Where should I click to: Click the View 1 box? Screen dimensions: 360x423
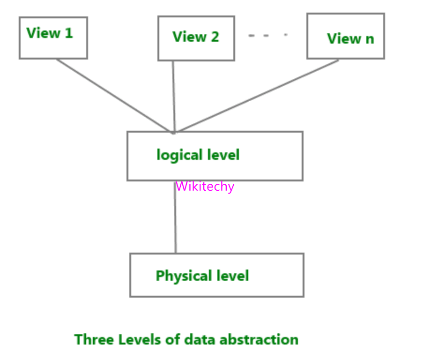(x=53, y=38)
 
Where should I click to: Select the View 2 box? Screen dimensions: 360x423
(x=196, y=38)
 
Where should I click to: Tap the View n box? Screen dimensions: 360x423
(x=346, y=36)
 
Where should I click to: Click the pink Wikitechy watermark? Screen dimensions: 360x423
(x=205, y=187)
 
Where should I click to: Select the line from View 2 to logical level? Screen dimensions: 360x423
(x=173, y=96)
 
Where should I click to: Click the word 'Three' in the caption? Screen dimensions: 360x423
(x=91, y=339)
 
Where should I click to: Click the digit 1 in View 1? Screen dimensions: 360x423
(x=69, y=33)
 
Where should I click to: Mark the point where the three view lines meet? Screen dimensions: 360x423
(x=174, y=132)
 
